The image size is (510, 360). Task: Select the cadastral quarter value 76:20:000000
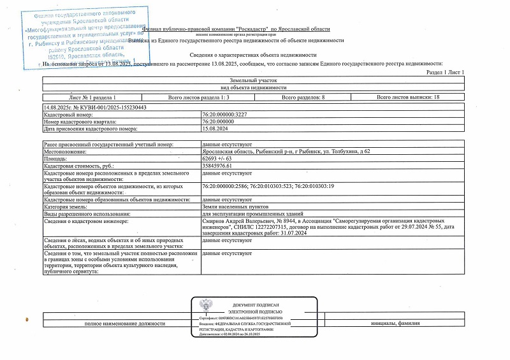pyautogui.click(x=221, y=122)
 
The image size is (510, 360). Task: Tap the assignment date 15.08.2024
pyautogui.click(x=214, y=128)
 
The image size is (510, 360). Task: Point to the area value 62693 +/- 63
pyautogui.click(x=217, y=159)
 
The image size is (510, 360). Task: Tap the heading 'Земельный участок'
pyautogui.click(x=254, y=81)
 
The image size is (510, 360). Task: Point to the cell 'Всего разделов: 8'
pyautogui.click(x=303, y=97)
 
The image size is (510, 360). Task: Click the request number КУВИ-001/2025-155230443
pyautogui.click(x=94, y=108)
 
